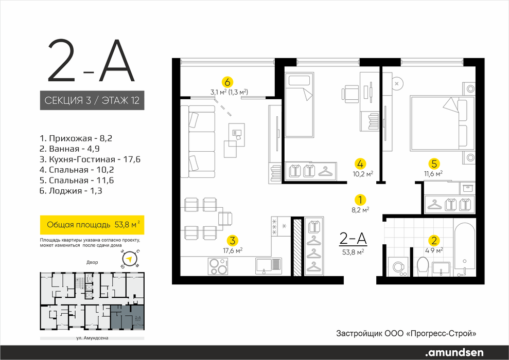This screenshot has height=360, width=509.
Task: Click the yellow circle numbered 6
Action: click(227, 82)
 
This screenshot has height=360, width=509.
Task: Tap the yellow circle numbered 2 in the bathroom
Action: click(434, 241)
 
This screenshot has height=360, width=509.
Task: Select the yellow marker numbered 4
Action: click(360, 163)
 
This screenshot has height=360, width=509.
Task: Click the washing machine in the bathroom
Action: click(398, 266)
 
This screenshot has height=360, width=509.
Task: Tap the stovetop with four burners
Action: click(218, 266)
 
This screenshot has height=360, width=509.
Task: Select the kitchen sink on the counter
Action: click(269, 266)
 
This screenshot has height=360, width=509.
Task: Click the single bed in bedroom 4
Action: click(300, 104)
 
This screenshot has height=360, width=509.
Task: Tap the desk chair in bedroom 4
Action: click(349, 93)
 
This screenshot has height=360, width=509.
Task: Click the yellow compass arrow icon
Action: click(130, 259)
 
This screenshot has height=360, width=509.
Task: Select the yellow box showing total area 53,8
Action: click(92, 225)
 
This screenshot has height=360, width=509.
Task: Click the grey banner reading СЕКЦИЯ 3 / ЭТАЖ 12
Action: click(92, 100)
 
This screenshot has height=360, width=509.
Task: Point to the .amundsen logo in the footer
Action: click(454, 352)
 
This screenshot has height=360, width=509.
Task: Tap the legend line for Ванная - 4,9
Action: click(70, 149)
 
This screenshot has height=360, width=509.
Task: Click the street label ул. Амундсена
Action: click(92, 338)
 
